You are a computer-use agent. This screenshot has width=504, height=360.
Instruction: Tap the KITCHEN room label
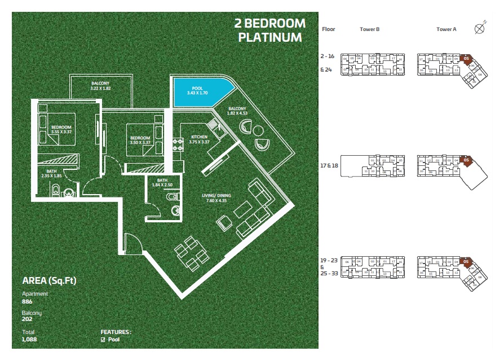pyautogui.click(x=200, y=137)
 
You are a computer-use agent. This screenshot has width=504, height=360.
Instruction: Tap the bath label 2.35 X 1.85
pyautogui.click(x=51, y=175)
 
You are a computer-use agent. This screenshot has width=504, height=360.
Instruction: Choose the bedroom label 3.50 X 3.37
pyautogui.click(x=140, y=142)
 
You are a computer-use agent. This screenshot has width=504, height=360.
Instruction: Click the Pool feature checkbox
pyautogui.click(x=103, y=340)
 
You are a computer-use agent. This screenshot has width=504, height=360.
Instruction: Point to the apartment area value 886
pyautogui.click(x=27, y=302)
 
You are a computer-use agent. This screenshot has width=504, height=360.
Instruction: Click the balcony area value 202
pyautogui.click(x=27, y=321)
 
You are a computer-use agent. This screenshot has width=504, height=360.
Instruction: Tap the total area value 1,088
pyautogui.click(x=29, y=340)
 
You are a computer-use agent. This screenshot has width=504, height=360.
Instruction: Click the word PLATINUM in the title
pyautogui.click(x=269, y=38)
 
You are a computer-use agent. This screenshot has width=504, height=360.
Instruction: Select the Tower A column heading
pyautogui.click(x=446, y=29)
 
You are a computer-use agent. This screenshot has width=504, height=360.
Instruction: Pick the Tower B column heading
pyautogui.click(x=369, y=29)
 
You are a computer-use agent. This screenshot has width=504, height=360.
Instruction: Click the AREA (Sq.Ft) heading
pyautogui.click(x=49, y=280)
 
